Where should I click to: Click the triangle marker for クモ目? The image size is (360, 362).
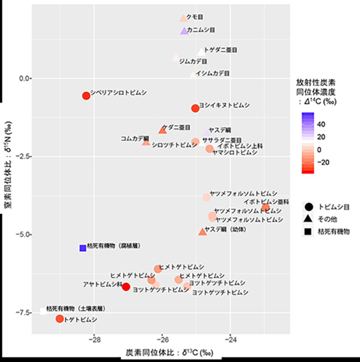coord(184,19)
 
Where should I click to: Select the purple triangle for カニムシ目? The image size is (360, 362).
coord(185,31)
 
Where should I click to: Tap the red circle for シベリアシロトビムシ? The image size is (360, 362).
coord(86,96)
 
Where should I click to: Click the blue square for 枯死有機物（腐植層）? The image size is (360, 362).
coord(83,248)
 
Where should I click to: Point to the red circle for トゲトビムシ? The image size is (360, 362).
coord(59,319)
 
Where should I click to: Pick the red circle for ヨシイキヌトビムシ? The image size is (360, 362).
coord(195,108)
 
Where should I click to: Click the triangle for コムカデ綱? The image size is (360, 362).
coord(146,142)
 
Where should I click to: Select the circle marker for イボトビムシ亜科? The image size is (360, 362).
coord(265,207)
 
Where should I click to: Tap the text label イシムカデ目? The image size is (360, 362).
coord(213,74)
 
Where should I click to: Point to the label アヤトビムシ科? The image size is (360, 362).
coord(103,283)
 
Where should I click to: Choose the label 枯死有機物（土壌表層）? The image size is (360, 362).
coord(76,308)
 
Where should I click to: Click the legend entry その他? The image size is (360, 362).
coord(326,218)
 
